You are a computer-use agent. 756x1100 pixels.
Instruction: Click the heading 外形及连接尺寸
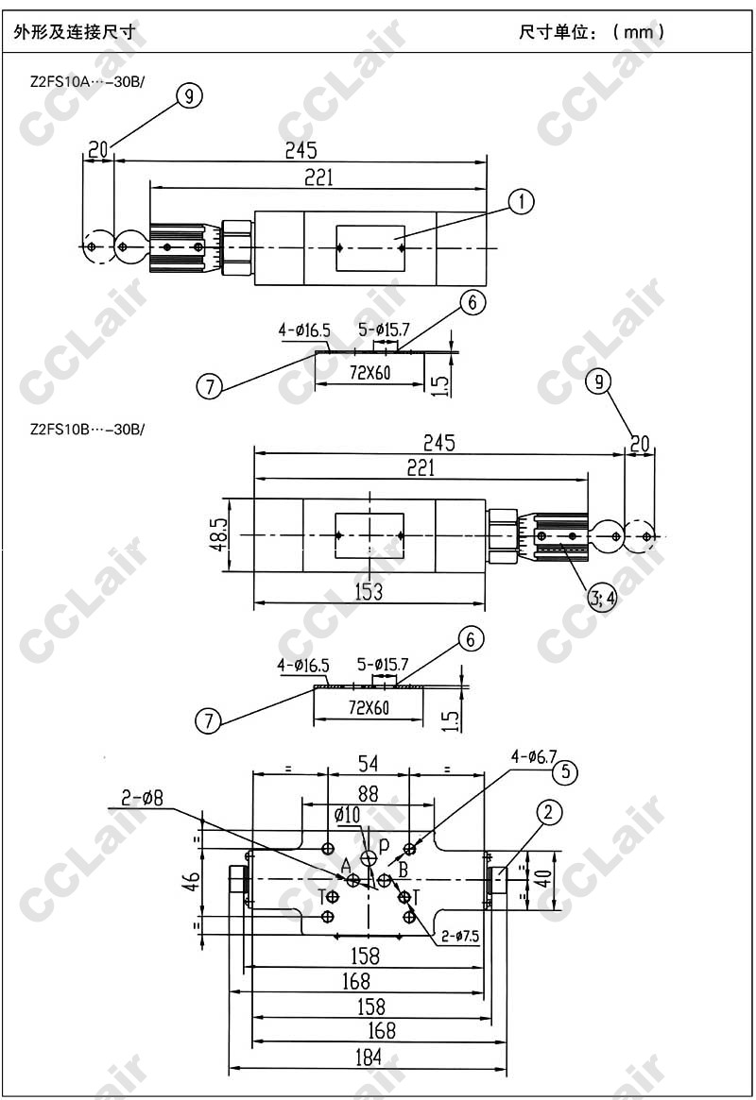click(x=74, y=32)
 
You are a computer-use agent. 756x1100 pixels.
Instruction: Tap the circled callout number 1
click(x=522, y=202)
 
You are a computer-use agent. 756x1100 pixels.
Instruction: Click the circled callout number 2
click(x=549, y=812)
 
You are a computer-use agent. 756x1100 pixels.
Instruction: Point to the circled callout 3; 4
click(x=602, y=598)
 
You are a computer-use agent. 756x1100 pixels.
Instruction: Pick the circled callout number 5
click(x=565, y=772)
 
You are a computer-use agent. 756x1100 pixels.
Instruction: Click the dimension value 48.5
click(x=219, y=534)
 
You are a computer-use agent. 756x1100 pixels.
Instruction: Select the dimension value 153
click(x=369, y=591)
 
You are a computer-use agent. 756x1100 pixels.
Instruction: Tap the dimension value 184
click(x=369, y=1057)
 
